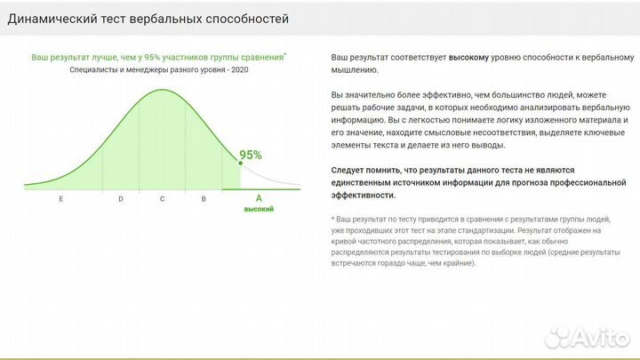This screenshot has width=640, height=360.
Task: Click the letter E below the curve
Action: pyautogui.click(x=61, y=199)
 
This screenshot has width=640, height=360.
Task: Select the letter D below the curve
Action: pyautogui.click(x=121, y=199)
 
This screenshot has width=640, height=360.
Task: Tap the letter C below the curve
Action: pyautogui.click(x=163, y=199)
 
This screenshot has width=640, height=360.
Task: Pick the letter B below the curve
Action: pyautogui.click(x=204, y=199)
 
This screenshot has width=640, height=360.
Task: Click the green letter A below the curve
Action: pyautogui.click(x=259, y=198)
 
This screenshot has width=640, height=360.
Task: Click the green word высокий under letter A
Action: pyautogui.click(x=259, y=209)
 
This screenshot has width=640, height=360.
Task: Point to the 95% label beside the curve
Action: pyautogui.click(x=251, y=155)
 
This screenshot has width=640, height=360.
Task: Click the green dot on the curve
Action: pyautogui.click(x=240, y=163)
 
